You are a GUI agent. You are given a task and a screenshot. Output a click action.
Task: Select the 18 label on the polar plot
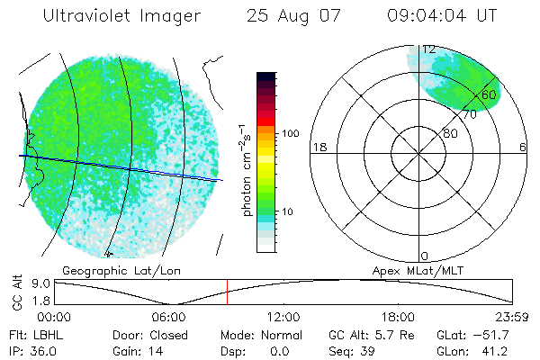pyautogui.click(x=318, y=147)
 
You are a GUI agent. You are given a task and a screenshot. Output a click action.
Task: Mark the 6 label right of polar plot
pyautogui.click(x=523, y=147)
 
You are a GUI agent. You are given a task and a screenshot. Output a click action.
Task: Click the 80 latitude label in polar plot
pyautogui.click(x=450, y=133)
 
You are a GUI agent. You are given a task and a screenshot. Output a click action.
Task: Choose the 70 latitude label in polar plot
pyautogui.click(x=469, y=114)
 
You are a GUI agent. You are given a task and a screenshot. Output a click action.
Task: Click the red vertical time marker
pyautogui.click(x=228, y=292)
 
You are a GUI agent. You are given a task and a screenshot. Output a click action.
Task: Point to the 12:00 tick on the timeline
pyautogui.click(x=283, y=317)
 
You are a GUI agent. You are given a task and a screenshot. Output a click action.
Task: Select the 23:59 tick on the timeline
pyautogui.click(x=512, y=317)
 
